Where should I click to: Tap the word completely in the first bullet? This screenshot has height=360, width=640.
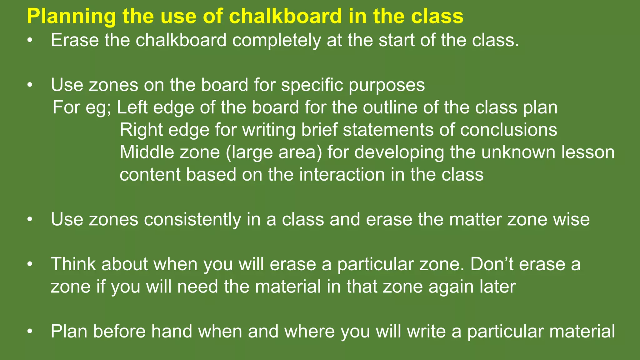point(276,41)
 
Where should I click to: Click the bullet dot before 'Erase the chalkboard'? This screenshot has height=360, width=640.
point(30,41)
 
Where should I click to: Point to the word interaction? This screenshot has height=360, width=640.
point(342,174)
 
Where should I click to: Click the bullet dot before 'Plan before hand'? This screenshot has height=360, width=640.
point(30,331)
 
